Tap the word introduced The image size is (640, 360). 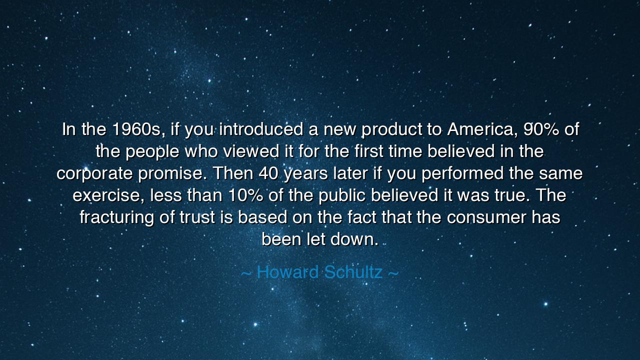[x=261, y=129]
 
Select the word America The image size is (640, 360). [x=482, y=129]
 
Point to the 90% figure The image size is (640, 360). [x=541, y=129]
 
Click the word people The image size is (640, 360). [x=152, y=151]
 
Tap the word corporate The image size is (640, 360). [x=95, y=173]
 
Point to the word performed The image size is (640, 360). [x=462, y=173]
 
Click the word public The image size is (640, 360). [x=342, y=195]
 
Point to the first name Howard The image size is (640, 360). [x=287, y=272]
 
